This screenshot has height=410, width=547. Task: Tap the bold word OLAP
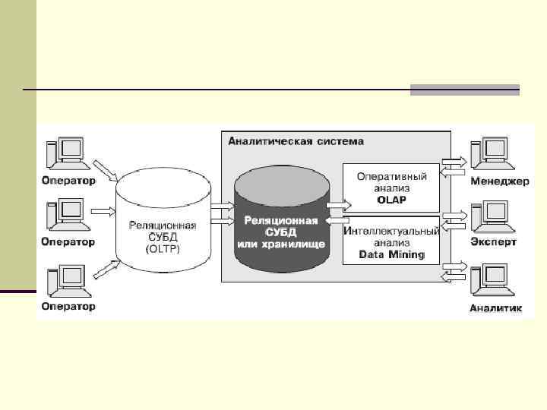coord(392,200)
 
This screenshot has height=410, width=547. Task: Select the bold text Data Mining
coord(392,254)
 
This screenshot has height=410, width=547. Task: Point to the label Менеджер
coord(499,181)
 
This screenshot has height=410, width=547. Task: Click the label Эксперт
coord(494,242)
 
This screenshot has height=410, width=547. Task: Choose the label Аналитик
coord(496,307)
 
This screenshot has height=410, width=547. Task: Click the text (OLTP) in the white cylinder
coord(163,248)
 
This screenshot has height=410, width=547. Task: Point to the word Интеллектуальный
coord(392,231)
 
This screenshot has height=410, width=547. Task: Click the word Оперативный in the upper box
coord(392,176)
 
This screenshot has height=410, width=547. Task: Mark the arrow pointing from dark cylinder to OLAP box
coord(338,204)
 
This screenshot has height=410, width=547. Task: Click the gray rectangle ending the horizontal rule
coord(464,90)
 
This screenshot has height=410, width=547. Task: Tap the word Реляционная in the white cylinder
coord(163,225)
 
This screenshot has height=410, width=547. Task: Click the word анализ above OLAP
coord(392,188)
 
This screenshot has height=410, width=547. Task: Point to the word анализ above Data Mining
coord(392,242)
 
